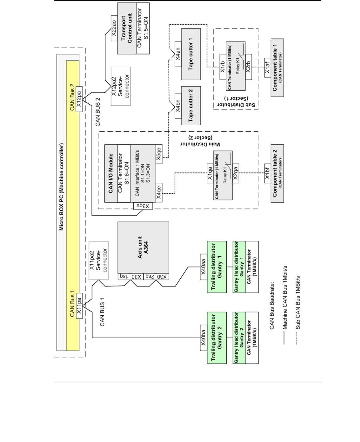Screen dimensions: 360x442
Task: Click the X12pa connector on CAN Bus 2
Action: (79, 99)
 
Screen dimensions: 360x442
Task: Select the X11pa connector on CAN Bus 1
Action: (79, 306)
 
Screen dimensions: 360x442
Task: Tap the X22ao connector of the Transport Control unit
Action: (114, 28)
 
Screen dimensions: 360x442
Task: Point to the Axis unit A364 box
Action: (143, 247)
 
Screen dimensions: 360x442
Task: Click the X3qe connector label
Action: (143, 206)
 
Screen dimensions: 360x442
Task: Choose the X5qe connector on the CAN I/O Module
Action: (159, 154)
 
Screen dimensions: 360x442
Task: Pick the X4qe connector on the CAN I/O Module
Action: (159, 193)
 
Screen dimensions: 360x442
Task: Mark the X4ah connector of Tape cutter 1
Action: (178, 54)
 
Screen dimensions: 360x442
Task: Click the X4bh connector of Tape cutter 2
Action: (178, 106)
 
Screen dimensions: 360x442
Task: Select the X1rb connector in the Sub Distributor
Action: (223, 67)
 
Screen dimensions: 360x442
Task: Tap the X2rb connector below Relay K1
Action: (249, 67)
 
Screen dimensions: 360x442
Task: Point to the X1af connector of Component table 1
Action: (268, 68)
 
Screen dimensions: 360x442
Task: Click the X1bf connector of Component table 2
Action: (268, 174)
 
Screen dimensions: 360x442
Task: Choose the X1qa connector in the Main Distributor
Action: (210, 174)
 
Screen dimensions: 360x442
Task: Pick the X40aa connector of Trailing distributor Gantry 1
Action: (204, 267)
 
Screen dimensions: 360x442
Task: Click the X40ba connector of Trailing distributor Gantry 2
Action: (204, 338)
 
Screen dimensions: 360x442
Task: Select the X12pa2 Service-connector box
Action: (121, 86)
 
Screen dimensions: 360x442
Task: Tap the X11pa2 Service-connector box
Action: (99, 261)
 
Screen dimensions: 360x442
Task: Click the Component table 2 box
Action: (277, 174)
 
